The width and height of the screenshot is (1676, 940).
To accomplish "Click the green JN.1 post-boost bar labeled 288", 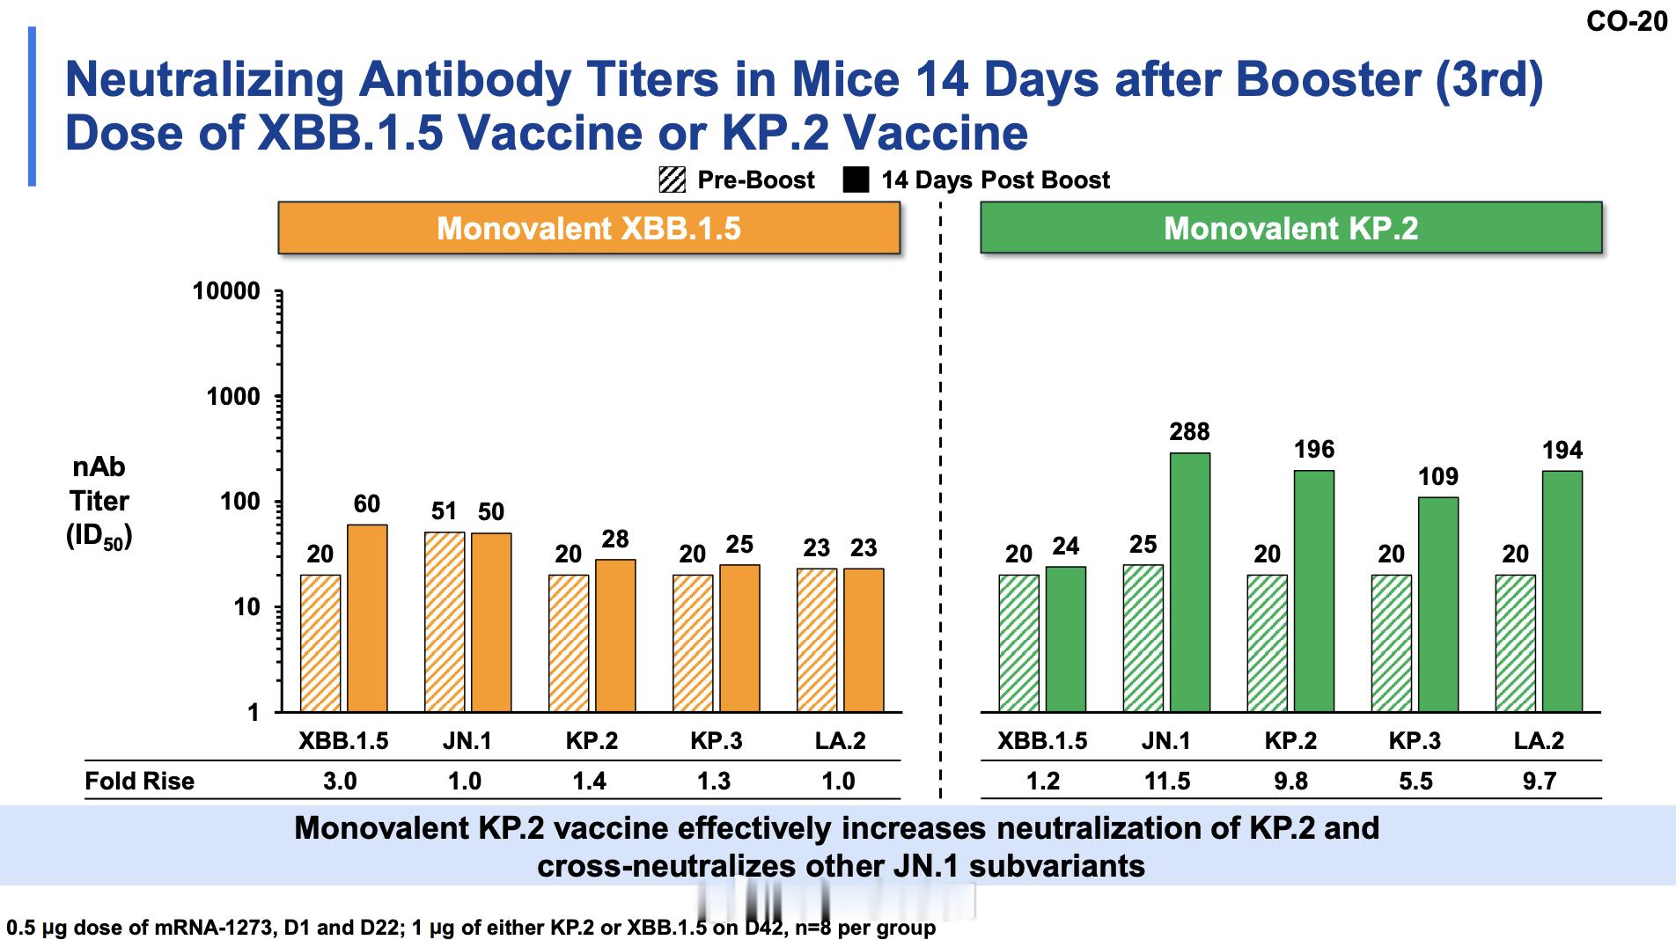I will [x=1189, y=581].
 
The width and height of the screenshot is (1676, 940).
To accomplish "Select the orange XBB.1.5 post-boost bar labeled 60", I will [x=367, y=618].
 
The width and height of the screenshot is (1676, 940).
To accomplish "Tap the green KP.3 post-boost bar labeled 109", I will [x=1437, y=604].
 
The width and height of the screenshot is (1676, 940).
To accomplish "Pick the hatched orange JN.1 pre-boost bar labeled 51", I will [x=445, y=621].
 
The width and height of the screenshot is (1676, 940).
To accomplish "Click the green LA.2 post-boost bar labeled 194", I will [x=1562, y=591].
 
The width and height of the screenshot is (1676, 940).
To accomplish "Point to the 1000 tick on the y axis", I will [x=234, y=397].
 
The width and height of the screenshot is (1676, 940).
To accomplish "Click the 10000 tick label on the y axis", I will [x=227, y=291].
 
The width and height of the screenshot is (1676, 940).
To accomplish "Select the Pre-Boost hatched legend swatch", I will [x=672, y=180].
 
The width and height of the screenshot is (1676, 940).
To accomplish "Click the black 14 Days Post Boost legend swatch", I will [x=856, y=180].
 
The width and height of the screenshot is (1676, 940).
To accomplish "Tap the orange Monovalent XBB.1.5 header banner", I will [x=589, y=228].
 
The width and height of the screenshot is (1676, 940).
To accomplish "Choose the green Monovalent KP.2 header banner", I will [x=1290, y=228].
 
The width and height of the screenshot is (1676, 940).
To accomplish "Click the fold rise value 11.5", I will [x=1167, y=781].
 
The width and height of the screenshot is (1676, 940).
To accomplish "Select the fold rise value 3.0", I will [x=340, y=781].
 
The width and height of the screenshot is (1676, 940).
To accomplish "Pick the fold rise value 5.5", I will [x=1415, y=781].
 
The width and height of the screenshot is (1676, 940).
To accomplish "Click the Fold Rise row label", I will [x=139, y=781].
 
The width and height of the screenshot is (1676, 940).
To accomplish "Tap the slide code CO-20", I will [x=1627, y=21].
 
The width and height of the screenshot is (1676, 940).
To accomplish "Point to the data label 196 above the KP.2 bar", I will [x=1313, y=450].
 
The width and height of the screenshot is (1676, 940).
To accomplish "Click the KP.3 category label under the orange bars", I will [x=716, y=741].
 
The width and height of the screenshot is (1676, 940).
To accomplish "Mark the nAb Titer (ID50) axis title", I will [x=99, y=502].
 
